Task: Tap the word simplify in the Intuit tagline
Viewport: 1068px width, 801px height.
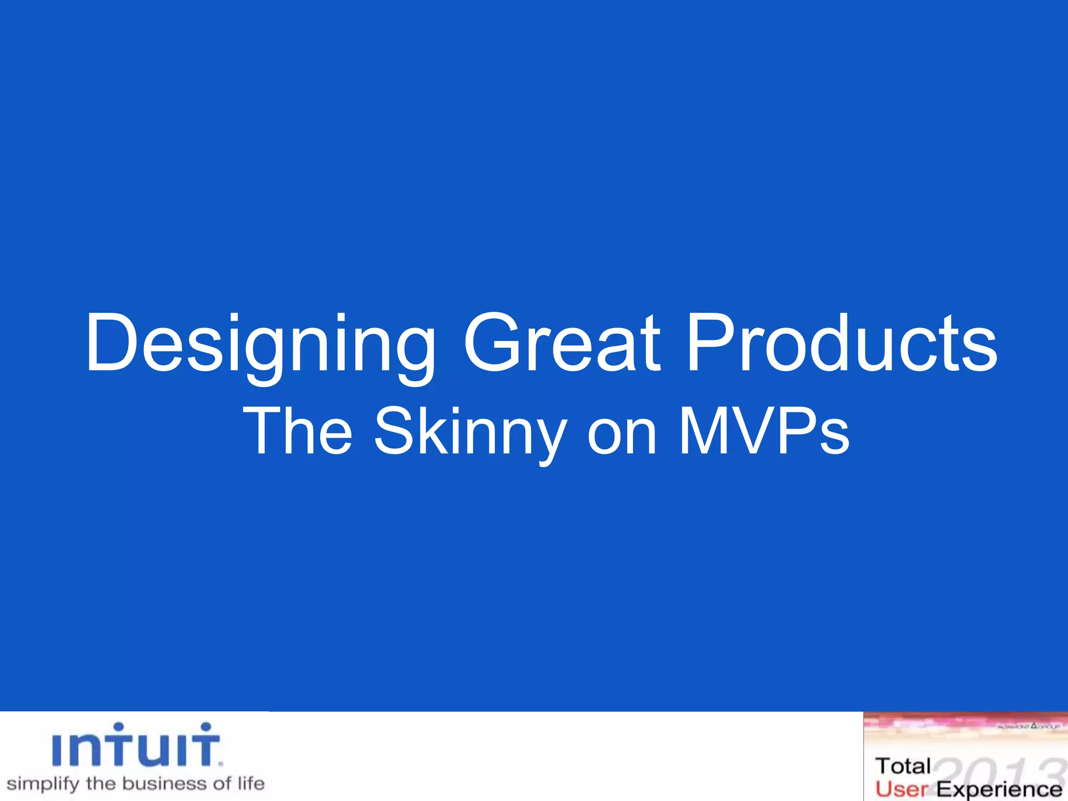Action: coord(43,784)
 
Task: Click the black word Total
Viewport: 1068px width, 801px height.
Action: coord(903,766)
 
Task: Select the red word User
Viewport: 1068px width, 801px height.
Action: coord(902,788)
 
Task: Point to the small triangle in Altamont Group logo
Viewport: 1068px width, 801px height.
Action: coord(1034,725)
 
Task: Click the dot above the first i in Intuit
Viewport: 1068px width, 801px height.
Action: coord(119,727)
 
